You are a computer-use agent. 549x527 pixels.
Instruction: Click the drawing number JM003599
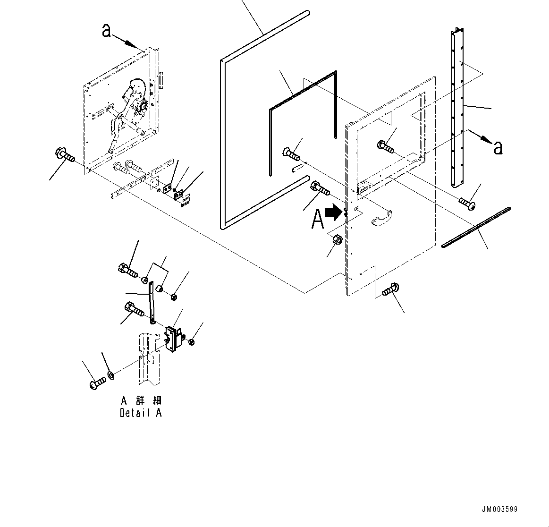499,509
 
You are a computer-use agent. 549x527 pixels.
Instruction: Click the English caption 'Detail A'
141,413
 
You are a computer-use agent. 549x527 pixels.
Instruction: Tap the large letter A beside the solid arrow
318,219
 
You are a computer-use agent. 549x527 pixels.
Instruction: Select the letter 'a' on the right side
497,147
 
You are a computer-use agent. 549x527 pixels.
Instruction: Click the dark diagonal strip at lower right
477,227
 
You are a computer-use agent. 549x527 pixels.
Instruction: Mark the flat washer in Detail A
111,375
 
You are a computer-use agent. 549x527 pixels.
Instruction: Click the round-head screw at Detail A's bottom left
96,382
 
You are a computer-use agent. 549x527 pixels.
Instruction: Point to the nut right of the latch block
191,342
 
